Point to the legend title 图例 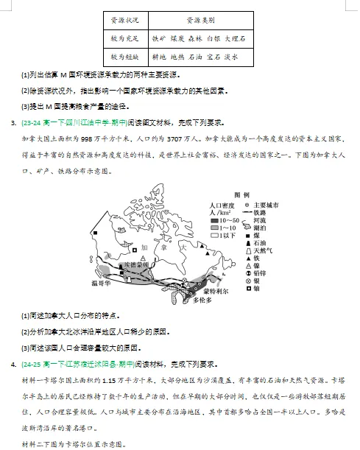pos(241,194)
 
